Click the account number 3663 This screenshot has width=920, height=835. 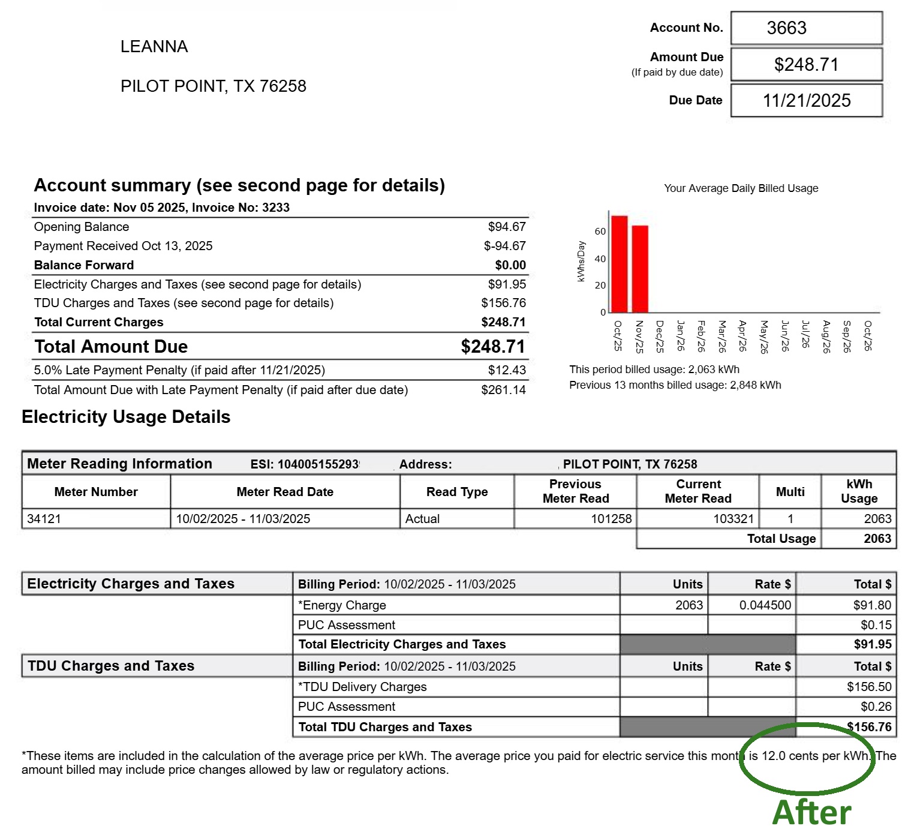786,28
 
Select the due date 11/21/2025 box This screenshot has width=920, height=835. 806,100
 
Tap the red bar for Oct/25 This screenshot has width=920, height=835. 619,264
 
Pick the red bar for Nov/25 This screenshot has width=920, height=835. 640,269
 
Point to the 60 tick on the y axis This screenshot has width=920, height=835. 600,231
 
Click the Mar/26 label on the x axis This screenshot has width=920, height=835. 722,336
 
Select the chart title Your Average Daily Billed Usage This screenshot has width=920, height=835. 741,188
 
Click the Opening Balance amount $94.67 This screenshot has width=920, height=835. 507,227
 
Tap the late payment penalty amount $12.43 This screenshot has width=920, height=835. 507,370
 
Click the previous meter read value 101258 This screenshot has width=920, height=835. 611,519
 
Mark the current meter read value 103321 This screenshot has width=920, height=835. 733,519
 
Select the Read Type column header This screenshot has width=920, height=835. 457,492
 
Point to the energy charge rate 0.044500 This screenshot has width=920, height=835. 765,605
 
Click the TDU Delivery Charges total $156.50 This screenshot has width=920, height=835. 869,687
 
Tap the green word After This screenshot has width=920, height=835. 811,813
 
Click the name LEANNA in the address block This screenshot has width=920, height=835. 154,47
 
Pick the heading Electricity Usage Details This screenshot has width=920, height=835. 126,417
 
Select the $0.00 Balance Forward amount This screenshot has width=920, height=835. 510,265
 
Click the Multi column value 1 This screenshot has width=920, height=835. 790,519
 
